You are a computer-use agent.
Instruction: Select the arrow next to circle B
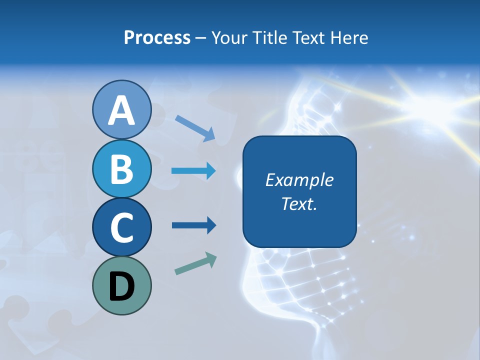(193, 171)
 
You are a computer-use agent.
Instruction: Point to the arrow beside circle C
(193, 225)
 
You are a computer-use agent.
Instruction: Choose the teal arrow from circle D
(195, 263)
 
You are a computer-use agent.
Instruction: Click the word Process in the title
(157, 37)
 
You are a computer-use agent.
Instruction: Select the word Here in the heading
(349, 37)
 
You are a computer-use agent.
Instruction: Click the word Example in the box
(299, 180)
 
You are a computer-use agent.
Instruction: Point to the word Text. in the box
(299, 203)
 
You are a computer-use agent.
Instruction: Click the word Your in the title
(225, 37)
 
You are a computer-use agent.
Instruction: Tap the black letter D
(121, 287)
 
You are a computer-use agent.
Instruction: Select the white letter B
(121, 169)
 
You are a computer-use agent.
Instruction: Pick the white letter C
(121, 227)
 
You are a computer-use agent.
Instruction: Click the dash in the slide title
(201, 38)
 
